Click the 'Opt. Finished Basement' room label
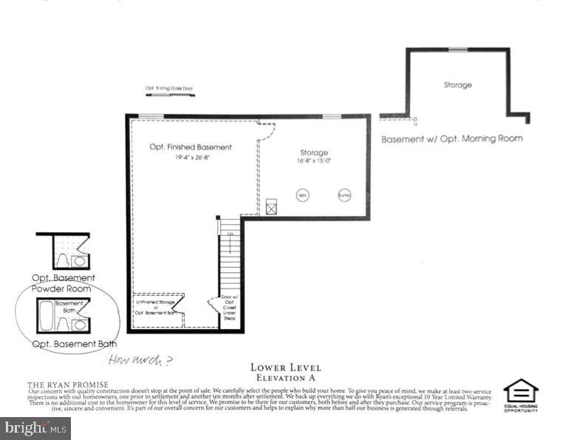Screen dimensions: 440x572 pos(191,147)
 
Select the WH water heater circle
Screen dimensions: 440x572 pos(302,195)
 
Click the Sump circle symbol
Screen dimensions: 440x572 pos(344,195)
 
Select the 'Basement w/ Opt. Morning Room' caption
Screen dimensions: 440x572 pos(452,138)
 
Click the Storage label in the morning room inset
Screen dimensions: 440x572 pos(457,85)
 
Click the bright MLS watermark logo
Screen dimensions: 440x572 pos(35,427)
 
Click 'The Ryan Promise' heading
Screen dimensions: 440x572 pos(68,385)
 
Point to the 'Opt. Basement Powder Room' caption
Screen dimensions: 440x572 pos(64,282)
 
